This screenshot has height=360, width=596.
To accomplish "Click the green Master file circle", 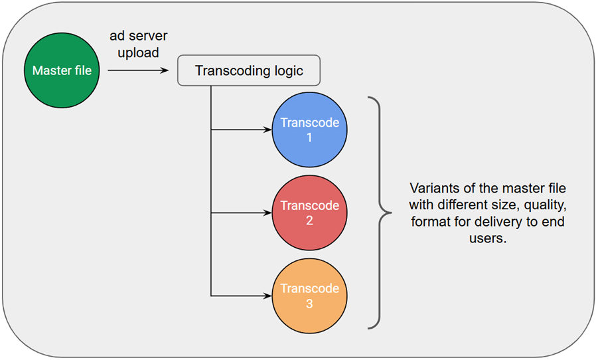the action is tap(62, 70).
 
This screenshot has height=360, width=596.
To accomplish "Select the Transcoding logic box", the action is tap(249, 70).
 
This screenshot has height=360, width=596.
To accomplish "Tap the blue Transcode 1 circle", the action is tap(309, 130).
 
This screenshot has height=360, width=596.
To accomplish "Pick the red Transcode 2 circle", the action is tap(309, 213).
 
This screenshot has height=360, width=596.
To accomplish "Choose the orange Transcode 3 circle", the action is tap(309, 296).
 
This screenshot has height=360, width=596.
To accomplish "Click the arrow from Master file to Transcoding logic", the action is tap(138, 70).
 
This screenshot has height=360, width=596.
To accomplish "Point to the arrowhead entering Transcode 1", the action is tap(267, 130).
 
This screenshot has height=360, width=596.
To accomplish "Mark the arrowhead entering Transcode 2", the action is tap(267, 213).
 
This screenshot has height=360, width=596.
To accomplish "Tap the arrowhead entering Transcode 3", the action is tap(267, 296).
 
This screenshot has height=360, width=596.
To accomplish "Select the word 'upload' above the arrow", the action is tap(138, 52).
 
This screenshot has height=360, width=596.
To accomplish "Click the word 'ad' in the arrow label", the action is tap(117, 36).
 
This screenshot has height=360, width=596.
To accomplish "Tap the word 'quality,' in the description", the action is tap(545, 205).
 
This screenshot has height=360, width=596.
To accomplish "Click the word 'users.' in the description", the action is tap(488, 238).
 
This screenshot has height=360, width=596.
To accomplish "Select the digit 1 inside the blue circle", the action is tap(309, 137).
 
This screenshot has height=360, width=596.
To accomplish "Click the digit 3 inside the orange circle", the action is tap(309, 304).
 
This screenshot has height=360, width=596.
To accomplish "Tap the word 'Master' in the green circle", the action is tap(48, 70).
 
